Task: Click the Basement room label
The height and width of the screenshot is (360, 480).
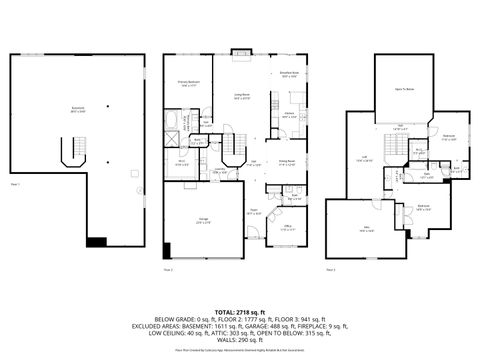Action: (77, 111)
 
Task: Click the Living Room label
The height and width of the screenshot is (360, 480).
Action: (242, 97)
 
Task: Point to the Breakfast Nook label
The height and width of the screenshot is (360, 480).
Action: (291, 75)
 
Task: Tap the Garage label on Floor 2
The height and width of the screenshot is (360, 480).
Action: (202, 222)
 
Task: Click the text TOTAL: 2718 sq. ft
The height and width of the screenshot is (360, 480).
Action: (240, 285)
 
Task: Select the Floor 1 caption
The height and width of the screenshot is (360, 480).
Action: (15, 185)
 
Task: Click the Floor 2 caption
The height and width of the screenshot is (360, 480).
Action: (168, 270)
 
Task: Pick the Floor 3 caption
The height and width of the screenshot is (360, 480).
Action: (331, 270)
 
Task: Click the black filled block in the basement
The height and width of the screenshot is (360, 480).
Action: (96, 241)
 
